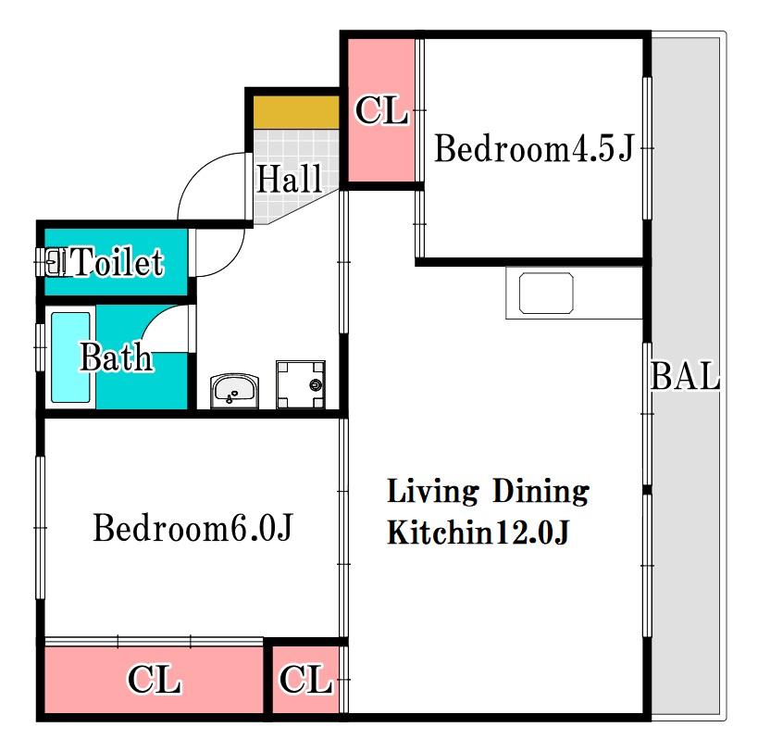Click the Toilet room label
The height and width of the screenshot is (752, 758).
coord(118,262)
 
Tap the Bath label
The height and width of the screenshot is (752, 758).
coord(116,357)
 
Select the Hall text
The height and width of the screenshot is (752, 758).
coord(289,179)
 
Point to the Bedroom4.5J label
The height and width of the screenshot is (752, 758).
coord(534,148)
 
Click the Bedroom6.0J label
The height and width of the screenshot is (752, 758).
coord(193,528)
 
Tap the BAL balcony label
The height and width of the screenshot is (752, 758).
coord(686,376)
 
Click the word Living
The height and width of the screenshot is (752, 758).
coord(433,492)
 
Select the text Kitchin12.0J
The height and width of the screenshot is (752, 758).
coord(478,533)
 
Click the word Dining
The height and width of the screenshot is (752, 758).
coord(541,492)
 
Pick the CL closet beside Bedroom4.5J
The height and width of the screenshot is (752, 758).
coord(381,110)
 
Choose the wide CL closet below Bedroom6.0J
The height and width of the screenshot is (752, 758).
coord(155,680)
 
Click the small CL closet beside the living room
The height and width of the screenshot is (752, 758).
coord(305,680)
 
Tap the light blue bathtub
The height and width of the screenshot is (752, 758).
coord(70,357)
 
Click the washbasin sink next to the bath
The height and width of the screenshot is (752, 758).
coord(234,391)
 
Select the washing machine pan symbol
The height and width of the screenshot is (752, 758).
coord(301,384)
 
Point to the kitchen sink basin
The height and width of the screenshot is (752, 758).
coord(546,293)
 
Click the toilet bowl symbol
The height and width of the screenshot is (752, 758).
coord(56,262)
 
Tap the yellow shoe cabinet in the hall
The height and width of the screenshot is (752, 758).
coord(296,112)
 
